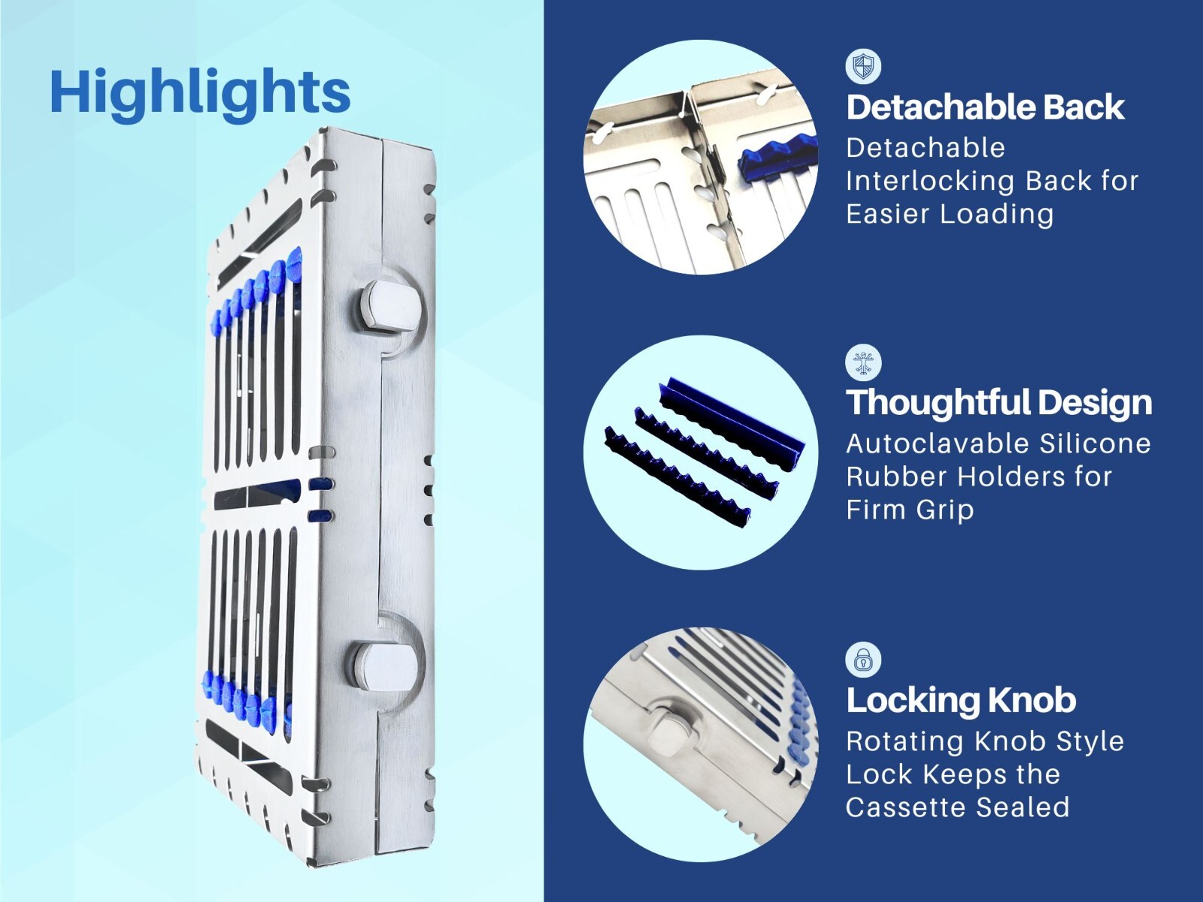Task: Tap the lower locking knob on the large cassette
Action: [389, 667]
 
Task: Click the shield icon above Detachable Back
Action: [864, 67]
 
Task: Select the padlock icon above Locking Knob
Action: [864, 661]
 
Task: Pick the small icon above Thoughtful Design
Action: [864, 363]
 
